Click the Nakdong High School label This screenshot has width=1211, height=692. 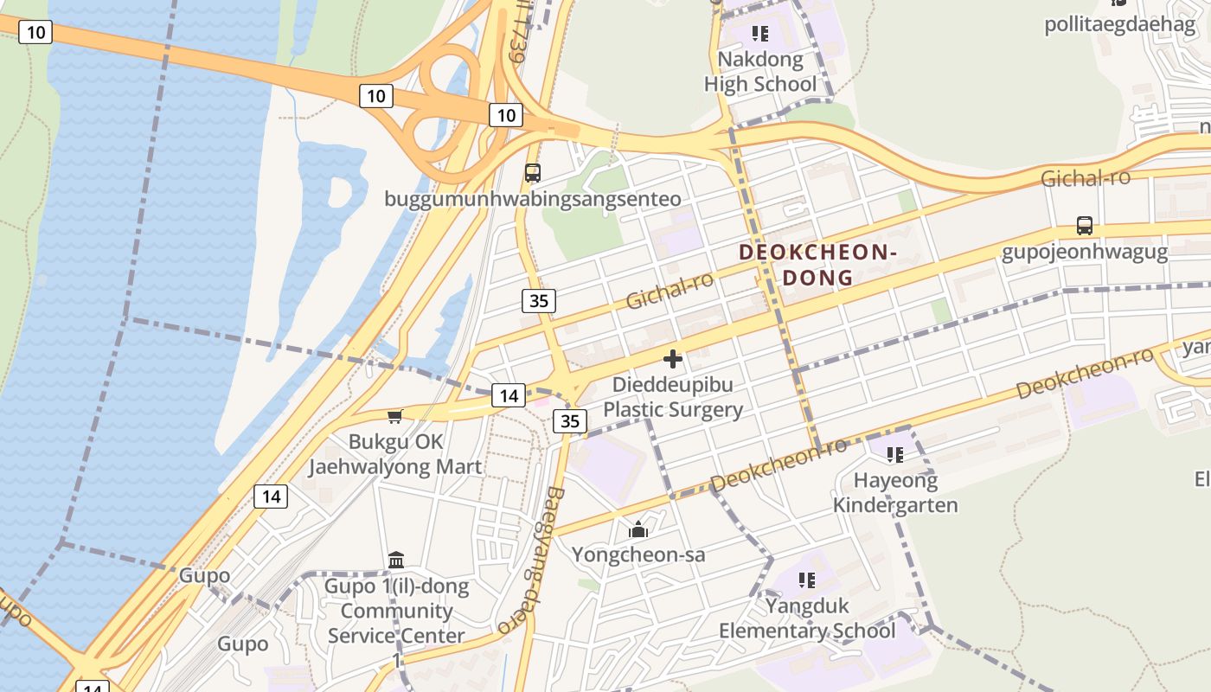[x=759, y=72]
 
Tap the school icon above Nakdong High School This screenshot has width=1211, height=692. [x=759, y=34]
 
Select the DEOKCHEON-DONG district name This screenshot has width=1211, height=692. [x=817, y=265]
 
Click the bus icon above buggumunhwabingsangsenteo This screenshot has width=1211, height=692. [x=533, y=172]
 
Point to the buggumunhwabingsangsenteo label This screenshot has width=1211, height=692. [x=533, y=199]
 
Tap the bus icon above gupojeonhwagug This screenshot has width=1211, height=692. [x=1084, y=226]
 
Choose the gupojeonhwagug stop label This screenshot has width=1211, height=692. [x=1085, y=253]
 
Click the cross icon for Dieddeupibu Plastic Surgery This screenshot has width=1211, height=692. [x=673, y=359]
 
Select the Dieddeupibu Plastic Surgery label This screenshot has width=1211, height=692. [x=673, y=396]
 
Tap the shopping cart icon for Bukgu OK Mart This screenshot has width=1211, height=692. [x=395, y=417]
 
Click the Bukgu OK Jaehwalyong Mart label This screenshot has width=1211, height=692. [x=395, y=454]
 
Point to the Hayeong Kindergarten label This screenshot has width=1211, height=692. [x=895, y=492]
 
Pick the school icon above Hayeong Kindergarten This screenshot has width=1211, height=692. [x=895, y=454]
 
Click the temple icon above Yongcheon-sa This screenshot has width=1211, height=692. [x=638, y=529]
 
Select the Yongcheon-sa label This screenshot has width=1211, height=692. [x=638, y=554]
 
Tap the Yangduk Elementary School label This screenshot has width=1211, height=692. [x=807, y=618]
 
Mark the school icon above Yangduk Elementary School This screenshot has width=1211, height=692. [x=807, y=580]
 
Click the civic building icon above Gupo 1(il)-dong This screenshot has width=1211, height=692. [x=396, y=561]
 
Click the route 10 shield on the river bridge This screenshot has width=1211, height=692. [x=35, y=33]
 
